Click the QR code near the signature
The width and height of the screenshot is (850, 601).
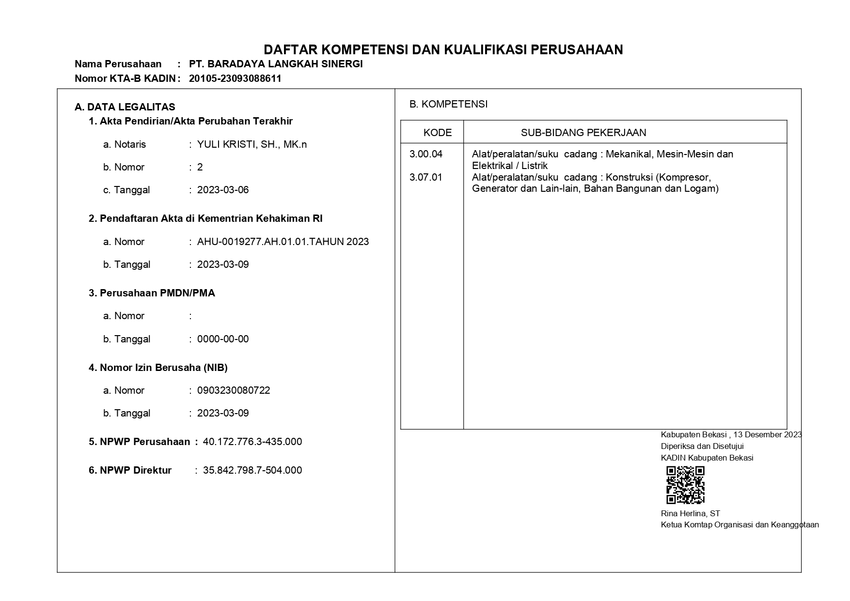tap(685, 485)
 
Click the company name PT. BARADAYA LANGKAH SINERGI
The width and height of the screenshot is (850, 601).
tap(276, 64)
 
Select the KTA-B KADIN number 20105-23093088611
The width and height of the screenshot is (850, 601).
tap(235, 78)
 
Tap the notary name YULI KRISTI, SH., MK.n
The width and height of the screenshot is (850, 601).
tap(252, 144)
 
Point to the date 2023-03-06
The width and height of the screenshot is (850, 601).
tap(223, 190)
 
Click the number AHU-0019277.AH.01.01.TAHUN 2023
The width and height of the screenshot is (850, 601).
tap(283, 242)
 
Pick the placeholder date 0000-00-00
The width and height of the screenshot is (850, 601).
tap(223, 339)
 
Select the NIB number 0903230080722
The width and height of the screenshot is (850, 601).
tap(234, 390)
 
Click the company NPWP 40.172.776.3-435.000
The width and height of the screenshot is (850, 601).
tap(252, 442)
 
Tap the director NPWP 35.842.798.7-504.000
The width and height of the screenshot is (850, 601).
tap(252, 470)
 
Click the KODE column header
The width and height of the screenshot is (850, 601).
tap(438, 133)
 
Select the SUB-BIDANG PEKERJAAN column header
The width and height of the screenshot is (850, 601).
tap(583, 133)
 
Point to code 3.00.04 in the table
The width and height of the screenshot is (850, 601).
tap(426, 154)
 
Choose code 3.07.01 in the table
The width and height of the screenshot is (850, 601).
tap(426, 177)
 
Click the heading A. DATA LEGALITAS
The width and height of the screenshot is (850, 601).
tap(125, 107)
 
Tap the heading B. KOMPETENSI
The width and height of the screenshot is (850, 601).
tap(449, 104)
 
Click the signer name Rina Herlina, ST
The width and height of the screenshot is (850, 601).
tap(691, 513)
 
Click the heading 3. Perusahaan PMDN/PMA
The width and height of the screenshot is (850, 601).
tap(152, 293)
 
